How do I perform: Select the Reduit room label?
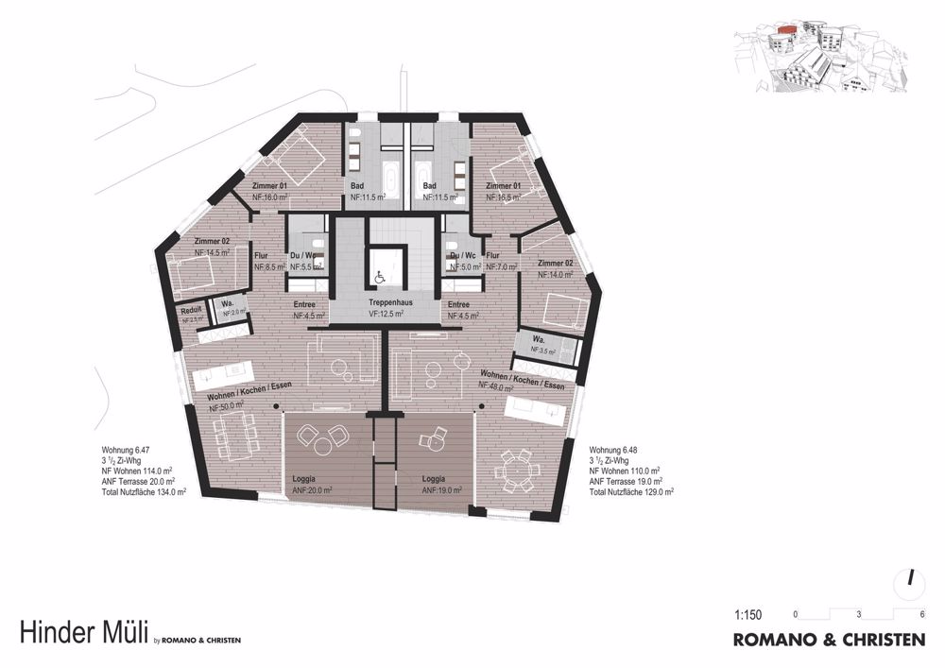pos(192,310)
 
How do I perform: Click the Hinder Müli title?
pos(82,633)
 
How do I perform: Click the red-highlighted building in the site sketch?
pos(782,37)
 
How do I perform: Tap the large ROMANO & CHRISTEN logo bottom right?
pos(829,640)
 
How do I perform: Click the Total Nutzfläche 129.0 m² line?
pos(631,492)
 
